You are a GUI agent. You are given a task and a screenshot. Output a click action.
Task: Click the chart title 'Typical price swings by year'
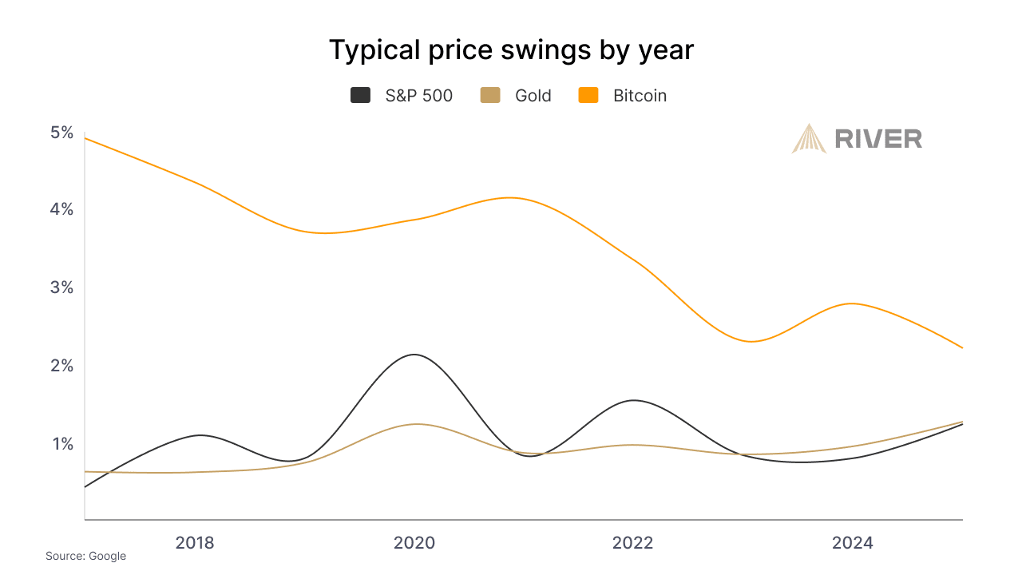coord(511,50)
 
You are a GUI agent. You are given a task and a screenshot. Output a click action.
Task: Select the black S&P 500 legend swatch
coord(361,96)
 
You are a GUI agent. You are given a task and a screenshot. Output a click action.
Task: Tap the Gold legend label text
coord(533,96)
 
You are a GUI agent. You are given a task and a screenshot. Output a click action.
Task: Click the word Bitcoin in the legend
coord(640,96)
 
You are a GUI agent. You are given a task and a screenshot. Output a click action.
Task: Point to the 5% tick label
coord(61,133)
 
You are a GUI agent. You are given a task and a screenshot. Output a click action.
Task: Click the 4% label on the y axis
coord(61,209)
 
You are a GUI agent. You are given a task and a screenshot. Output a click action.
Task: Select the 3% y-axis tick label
coord(61,287)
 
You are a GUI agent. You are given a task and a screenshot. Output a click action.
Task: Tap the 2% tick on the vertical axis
coord(61,365)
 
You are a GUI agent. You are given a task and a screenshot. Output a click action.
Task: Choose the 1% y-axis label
coord(62,443)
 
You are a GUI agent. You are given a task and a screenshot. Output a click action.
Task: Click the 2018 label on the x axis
coord(195,543)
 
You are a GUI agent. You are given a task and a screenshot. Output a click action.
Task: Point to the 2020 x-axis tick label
coord(414,543)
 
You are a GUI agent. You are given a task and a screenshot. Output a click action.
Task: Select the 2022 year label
coord(633,543)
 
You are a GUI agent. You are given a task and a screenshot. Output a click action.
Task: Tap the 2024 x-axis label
coord(853,543)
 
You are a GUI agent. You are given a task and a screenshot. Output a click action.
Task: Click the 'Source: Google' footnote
coord(85,556)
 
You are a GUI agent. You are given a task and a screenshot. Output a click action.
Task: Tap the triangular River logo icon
coord(809,138)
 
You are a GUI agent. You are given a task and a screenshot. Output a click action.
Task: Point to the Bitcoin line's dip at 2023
coord(751,342)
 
